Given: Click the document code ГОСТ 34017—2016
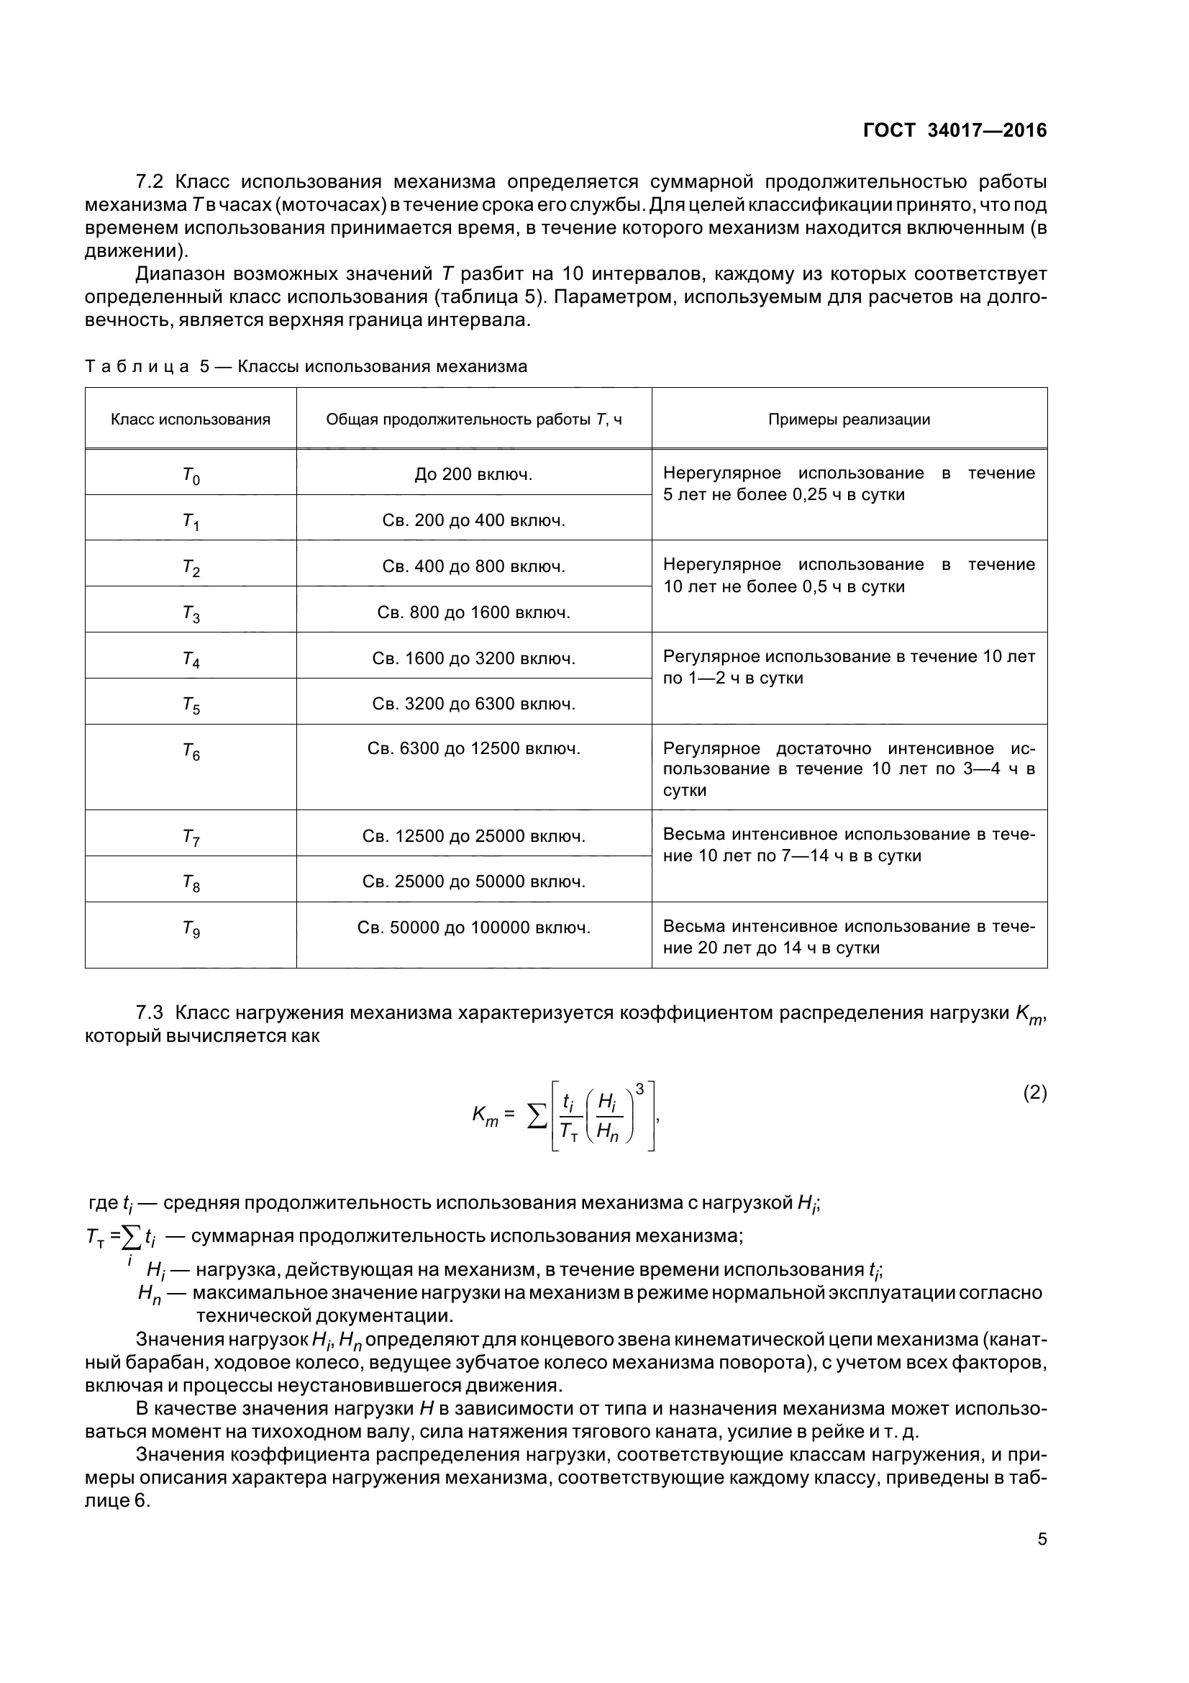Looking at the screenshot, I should click(955, 130).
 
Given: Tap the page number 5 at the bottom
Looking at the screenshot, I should click(1042, 1539).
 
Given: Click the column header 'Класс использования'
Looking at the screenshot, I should click(191, 419).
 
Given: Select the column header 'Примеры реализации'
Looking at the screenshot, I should click(849, 419).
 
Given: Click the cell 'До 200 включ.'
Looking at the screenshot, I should click(473, 474).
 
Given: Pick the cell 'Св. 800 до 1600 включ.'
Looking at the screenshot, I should click(473, 612).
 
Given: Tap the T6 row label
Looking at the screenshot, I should click(191, 751).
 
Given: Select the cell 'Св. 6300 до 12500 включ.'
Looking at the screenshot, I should click(473, 748).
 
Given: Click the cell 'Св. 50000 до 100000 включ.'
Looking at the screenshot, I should click(473, 927).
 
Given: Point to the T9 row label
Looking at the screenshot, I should click(191, 930).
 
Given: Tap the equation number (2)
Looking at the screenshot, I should click(1034, 1093).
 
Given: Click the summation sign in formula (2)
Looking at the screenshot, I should click(537, 1117).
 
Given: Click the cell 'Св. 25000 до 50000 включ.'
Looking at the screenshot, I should click(473, 881).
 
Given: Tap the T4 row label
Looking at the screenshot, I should click(191, 660).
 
